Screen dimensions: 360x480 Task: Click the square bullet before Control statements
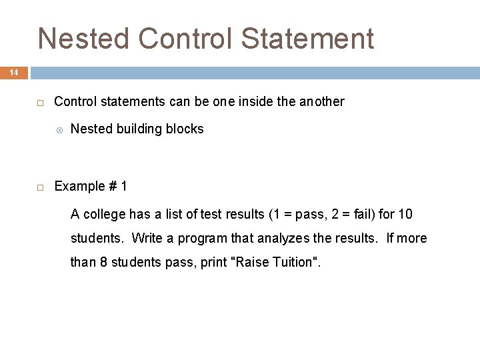click(x=40, y=103)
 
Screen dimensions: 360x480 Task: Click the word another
click(x=322, y=102)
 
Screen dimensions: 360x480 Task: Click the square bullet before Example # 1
click(x=40, y=187)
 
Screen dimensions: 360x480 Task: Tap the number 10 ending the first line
click(x=405, y=215)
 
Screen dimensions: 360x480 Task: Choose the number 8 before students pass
click(x=103, y=263)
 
